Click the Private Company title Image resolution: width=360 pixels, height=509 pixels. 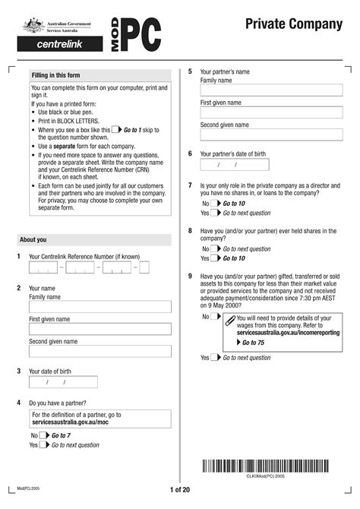(293, 25)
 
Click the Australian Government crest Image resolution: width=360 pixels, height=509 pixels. (34, 26)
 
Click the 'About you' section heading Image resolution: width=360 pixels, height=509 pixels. (33, 240)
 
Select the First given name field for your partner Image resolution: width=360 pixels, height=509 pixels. (270, 112)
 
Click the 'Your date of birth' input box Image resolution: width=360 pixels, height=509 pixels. (63, 382)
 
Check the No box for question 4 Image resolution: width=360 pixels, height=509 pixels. (43, 435)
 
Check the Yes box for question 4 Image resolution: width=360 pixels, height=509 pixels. (43, 445)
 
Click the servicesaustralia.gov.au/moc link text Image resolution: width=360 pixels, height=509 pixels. (68, 422)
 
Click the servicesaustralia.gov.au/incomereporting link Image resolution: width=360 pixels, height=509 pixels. (288, 333)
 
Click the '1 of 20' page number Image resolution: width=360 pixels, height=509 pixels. (179, 490)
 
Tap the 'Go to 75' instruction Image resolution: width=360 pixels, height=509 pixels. (253, 343)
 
